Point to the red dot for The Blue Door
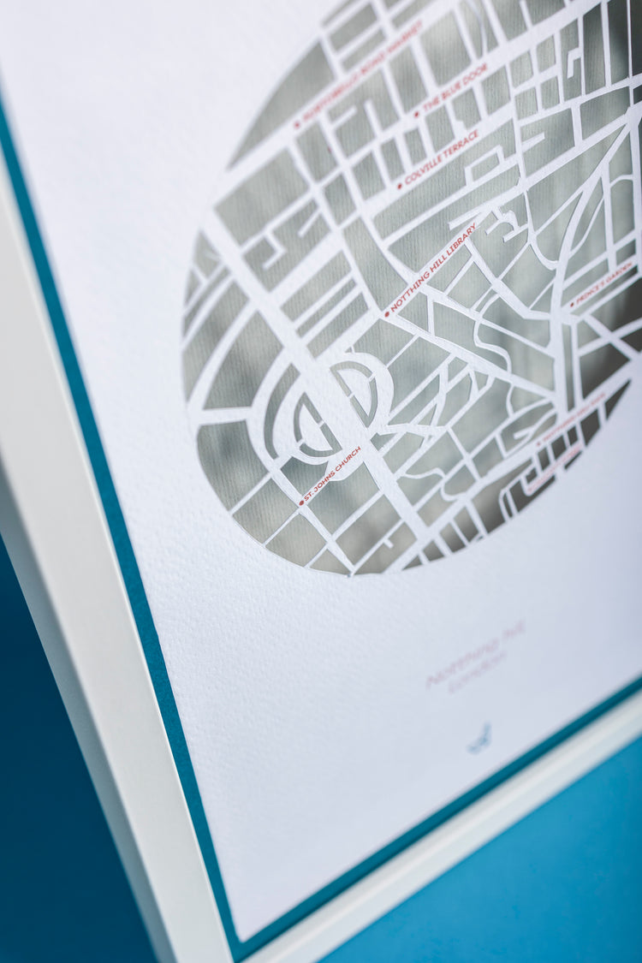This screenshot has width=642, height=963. (x=417, y=114)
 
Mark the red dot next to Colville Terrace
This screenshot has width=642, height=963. (x=399, y=186)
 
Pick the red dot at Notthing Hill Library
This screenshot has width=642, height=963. (x=387, y=315)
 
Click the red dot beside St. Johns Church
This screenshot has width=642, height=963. (x=301, y=502)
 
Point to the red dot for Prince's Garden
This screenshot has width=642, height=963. (x=571, y=306)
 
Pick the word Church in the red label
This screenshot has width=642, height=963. (x=348, y=461)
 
